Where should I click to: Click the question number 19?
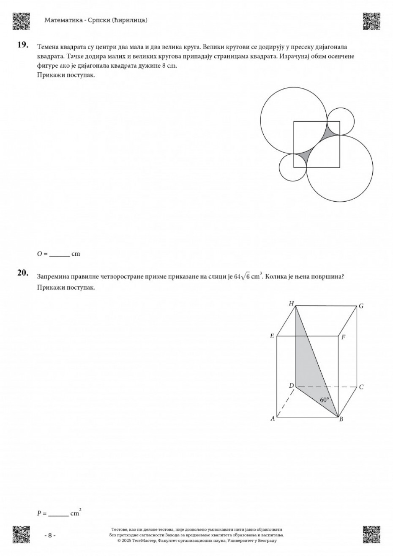click(x=22, y=44)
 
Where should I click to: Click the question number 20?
click(x=22, y=273)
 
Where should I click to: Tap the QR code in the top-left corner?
click(x=21, y=21)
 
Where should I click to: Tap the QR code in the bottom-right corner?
click(x=371, y=534)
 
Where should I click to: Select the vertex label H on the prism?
click(x=291, y=303)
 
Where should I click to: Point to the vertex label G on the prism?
click(x=361, y=306)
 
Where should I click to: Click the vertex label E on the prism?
click(x=272, y=336)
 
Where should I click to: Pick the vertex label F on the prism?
click(x=344, y=337)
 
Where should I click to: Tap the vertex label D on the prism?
click(x=291, y=385)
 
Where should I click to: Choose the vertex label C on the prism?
click(x=361, y=387)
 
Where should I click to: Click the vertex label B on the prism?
click(x=341, y=419)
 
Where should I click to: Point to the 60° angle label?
click(x=325, y=400)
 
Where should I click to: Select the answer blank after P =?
click(x=58, y=514)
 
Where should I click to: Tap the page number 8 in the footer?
click(x=50, y=535)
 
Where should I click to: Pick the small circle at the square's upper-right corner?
click(x=340, y=121)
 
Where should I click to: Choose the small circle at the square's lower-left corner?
click(x=293, y=167)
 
